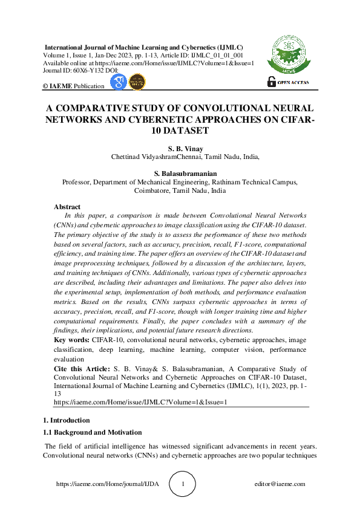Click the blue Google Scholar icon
point(119,82)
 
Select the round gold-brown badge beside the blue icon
point(138,82)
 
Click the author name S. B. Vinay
point(185,148)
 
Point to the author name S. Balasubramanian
point(185,172)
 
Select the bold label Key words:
point(72,341)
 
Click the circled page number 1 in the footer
point(191,484)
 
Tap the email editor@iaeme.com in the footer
point(280,484)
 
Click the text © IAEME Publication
point(73,86)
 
